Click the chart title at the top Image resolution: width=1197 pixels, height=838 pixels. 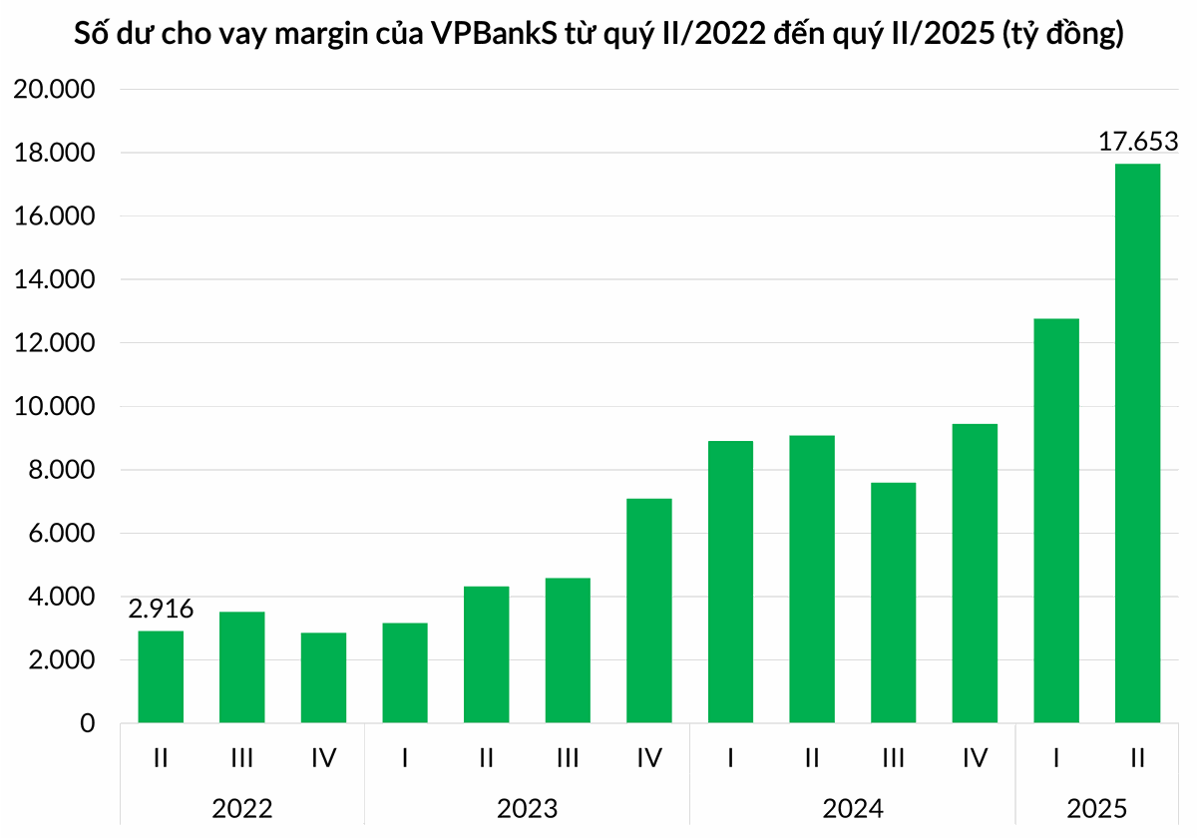[598, 36]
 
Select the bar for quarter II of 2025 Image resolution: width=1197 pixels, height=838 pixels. [1137, 443]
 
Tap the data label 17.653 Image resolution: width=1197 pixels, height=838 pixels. [1138, 142]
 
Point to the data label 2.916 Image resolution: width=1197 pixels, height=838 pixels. [161, 609]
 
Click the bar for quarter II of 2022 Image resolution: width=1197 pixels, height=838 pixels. [161, 676]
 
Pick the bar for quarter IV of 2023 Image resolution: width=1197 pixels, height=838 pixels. [649, 611]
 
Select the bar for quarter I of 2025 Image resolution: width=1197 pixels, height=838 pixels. [1056, 521]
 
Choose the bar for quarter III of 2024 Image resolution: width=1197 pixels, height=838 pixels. [893, 603]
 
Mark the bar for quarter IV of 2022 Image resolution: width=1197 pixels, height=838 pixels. [323, 677]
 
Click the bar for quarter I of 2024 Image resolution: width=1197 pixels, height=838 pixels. [730, 582]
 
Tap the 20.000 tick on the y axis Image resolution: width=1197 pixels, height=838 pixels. [53, 90]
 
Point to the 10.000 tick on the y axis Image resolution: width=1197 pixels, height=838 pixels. [53, 407]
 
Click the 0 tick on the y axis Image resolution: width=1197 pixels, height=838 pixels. [87, 723]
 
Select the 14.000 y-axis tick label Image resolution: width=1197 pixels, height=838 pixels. [53, 280]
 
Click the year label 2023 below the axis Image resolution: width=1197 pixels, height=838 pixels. [527, 807]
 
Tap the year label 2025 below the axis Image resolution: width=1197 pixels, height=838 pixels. [1096, 807]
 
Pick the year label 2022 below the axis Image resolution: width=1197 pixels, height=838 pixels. [241, 807]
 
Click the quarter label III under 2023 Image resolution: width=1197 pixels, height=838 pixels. [568, 758]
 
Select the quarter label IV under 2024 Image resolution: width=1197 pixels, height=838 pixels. [975, 758]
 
